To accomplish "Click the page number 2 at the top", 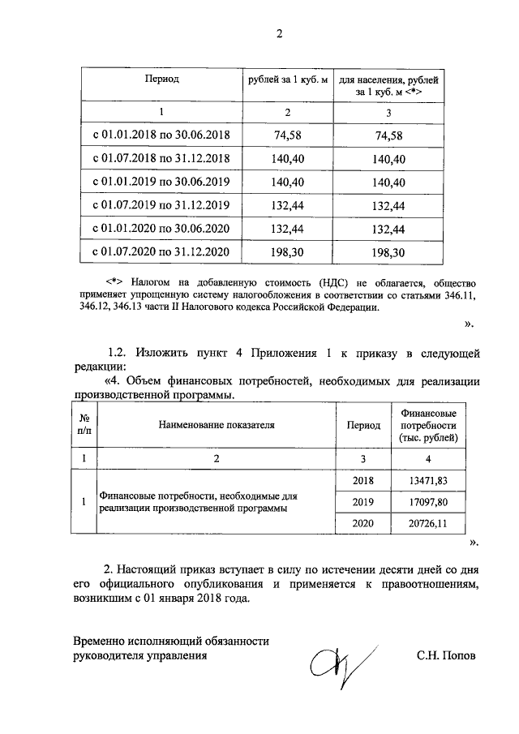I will tap(280, 34).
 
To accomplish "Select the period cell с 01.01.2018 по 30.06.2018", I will tap(161, 135).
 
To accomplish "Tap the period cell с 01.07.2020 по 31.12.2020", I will tap(161, 252).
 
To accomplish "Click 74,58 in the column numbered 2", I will tap(289, 135).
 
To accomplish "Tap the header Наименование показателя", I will tap(217, 423).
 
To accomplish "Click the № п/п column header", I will tap(84, 423).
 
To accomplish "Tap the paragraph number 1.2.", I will tap(120, 354).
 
